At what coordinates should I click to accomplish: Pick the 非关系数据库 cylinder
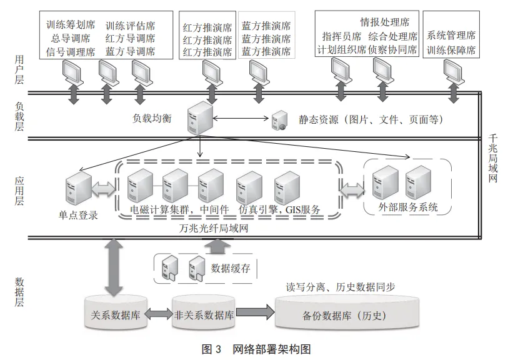pyautogui.click(x=203, y=314)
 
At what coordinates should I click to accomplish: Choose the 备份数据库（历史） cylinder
pyautogui.click(x=348, y=316)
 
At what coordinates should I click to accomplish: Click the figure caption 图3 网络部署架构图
pyautogui.click(x=256, y=349)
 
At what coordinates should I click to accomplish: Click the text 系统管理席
pyautogui.click(x=451, y=35)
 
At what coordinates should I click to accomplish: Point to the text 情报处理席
pyautogui.click(x=381, y=22)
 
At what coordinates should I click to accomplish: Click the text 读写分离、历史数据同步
pyautogui.click(x=340, y=287)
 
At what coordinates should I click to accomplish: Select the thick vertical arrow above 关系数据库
pyautogui.click(x=114, y=267)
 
